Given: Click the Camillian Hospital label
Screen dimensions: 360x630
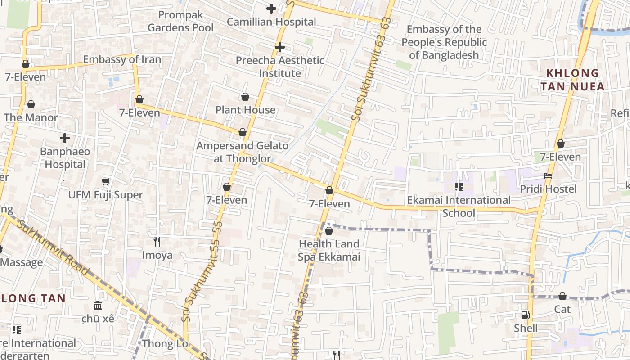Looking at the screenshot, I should tap(271, 22).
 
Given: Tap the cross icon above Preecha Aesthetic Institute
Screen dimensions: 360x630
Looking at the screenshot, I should tap(280, 47).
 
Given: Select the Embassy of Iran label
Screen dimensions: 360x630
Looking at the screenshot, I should tap(121, 59).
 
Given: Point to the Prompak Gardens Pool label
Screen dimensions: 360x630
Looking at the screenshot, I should tap(180, 21).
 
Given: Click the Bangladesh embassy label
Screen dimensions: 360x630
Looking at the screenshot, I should tap(444, 42).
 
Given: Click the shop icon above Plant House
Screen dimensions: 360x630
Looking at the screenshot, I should tap(245, 97).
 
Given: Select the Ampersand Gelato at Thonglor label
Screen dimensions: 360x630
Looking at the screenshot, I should tap(243, 152).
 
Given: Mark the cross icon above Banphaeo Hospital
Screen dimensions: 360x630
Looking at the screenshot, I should tap(65, 138).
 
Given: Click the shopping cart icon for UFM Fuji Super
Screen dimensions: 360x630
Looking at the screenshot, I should tap(106, 181).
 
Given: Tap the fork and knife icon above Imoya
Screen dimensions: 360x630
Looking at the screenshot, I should tap(157, 242).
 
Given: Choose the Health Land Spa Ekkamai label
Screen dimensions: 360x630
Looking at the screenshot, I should tap(329, 250).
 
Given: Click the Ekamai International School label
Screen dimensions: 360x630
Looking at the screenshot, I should tap(459, 206).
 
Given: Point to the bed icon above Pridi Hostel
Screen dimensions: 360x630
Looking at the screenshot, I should tap(548, 176).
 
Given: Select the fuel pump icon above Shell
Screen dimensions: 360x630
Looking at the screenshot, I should tap(525, 315).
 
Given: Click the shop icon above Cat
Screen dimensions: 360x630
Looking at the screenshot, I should tap(562, 296).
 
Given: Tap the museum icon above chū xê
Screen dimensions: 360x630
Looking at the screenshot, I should tap(98, 306).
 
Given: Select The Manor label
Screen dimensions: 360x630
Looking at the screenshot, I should tap(31, 118).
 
